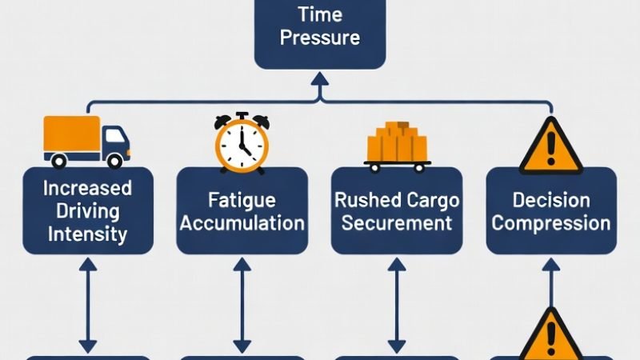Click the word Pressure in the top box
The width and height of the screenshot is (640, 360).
[x=319, y=38]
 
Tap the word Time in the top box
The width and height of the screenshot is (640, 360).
[x=319, y=14]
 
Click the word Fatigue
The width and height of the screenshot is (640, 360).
[x=242, y=200]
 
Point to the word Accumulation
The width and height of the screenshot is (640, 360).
[x=242, y=222]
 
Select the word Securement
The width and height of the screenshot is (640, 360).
[x=398, y=222]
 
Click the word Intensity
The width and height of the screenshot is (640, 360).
[x=87, y=234]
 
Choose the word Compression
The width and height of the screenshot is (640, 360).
[x=550, y=222]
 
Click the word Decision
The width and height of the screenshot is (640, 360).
[x=550, y=200]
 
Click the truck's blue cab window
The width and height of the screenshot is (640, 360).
[x=115, y=134]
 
